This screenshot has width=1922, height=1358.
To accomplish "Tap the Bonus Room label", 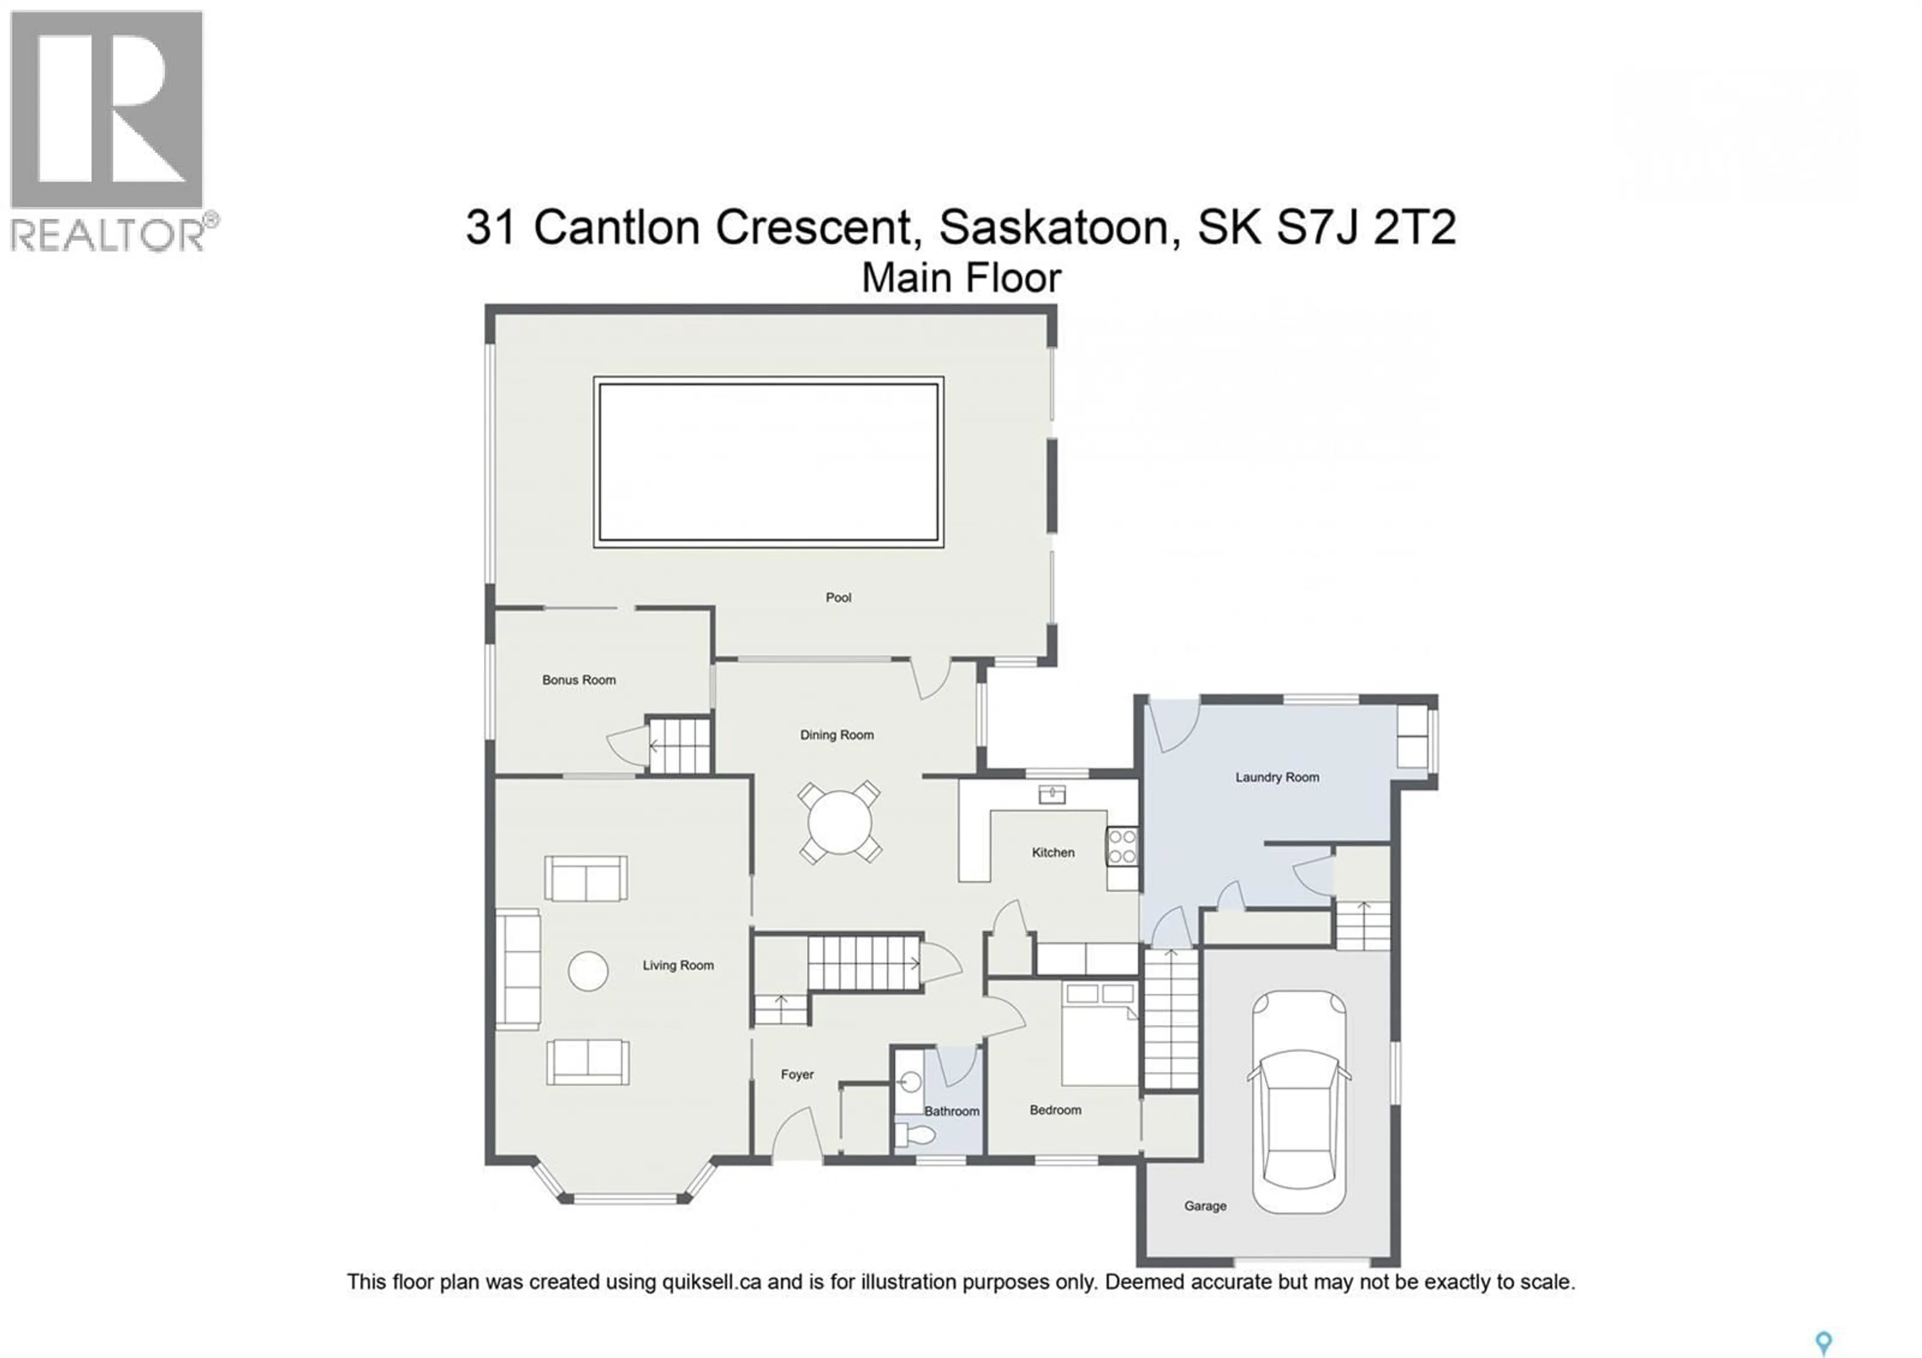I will click(x=579, y=680).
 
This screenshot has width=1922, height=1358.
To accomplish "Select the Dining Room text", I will click(x=836, y=735).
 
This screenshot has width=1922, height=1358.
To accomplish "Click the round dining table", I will click(x=839, y=822).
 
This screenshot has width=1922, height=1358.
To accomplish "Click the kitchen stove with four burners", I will click(x=1122, y=846).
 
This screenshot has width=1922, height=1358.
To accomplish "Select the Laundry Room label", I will click(x=1277, y=777).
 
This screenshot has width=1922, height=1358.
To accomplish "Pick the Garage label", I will click(x=1205, y=1206).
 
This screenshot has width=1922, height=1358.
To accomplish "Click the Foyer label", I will click(x=797, y=1074).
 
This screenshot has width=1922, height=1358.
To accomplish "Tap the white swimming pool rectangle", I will click(x=768, y=462).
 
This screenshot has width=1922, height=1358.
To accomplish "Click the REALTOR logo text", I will click(x=107, y=235).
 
